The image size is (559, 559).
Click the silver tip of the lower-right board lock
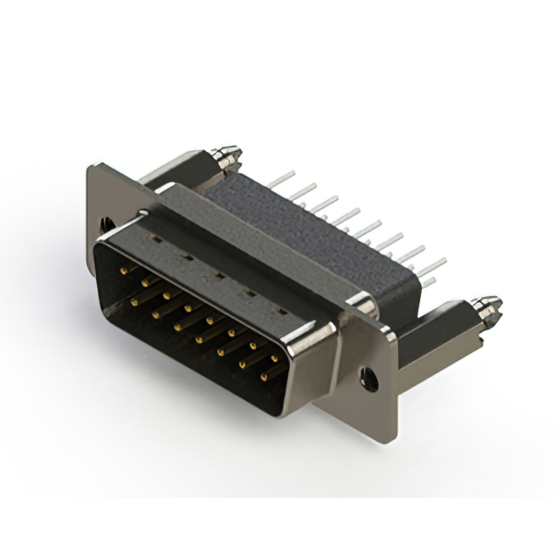coord(487,306)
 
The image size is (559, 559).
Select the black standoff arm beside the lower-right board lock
coord(441,328)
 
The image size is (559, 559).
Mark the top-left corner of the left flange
coord(91,167)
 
